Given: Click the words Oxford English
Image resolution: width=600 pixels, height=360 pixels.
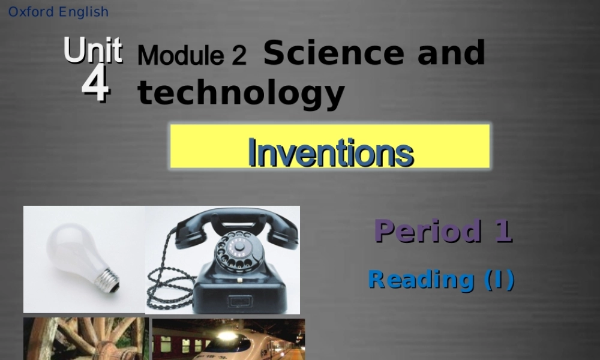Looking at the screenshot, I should pos(58,12).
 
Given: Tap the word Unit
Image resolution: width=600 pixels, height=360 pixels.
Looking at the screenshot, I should pos(93,51).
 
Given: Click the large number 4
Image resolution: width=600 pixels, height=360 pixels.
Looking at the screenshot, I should pos(95,86).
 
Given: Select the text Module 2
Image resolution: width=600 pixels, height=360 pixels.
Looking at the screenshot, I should pos(191,56).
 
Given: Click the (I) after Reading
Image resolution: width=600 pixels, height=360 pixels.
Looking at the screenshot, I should pos(499,280).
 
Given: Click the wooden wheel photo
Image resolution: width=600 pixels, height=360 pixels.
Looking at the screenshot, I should pos(85,339).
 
